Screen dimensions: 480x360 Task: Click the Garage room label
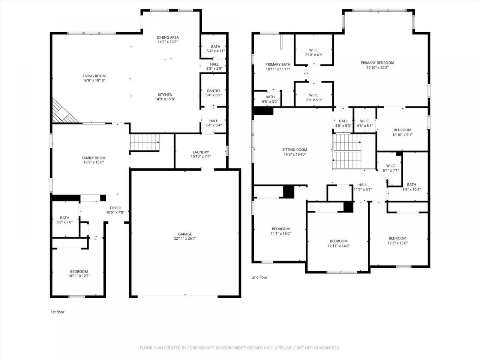(185, 234)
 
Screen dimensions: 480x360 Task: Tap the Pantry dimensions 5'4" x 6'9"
(214, 95)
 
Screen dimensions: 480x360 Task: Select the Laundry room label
(201, 152)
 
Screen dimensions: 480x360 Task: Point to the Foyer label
(115, 208)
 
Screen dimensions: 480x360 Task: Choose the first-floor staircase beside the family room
(145, 142)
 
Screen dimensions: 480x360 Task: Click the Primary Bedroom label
(378, 63)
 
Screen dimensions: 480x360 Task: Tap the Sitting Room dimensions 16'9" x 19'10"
(294, 154)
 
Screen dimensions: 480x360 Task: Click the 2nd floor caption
(260, 277)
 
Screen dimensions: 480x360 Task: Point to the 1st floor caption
(57, 312)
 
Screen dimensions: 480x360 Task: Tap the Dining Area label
(168, 37)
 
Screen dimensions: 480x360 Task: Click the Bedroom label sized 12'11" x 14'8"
(339, 241)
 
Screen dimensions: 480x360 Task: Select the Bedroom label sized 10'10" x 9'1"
(402, 130)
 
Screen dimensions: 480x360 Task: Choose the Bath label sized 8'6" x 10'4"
(411, 185)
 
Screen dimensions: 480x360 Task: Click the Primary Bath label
(278, 64)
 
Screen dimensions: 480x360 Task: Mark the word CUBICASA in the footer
(196, 348)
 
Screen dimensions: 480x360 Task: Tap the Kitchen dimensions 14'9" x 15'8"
(165, 99)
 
